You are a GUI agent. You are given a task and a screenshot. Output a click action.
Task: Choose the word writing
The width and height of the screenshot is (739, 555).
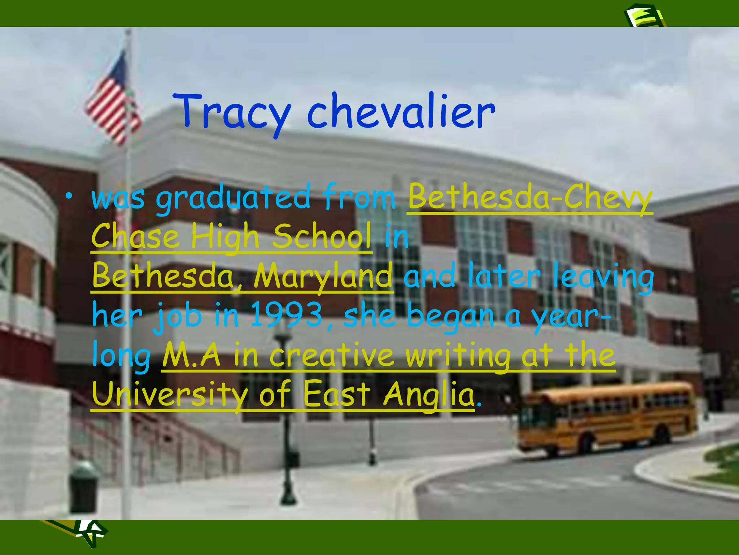[x=458, y=356]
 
